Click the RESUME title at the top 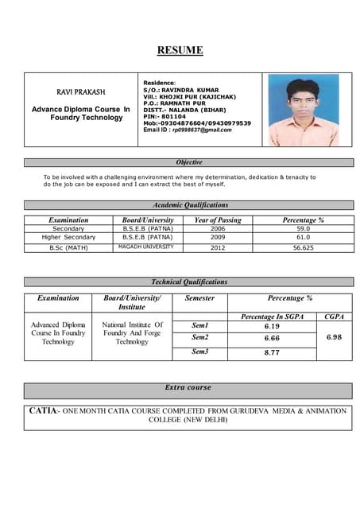tap(180, 51)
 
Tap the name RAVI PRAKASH tap(80, 92)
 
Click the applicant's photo tap(303, 111)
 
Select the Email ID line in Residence tap(188, 130)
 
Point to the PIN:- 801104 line tap(165, 116)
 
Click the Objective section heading tap(189, 162)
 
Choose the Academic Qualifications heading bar tap(189, 205)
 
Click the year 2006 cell tap(218, 228)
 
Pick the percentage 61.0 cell tap(303, 237)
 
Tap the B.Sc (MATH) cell tap(68, 247)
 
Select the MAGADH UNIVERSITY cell tap(145, 247)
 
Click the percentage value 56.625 tap(303, 247)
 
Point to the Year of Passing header tap(218, 220)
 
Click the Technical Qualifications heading tap(189, 282)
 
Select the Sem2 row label tap(200, 338)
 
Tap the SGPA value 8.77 tap(272, 352)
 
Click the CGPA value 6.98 tap(335, 337)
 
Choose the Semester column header tap(200, 298)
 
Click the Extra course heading tap(188, 387)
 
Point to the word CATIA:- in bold tap(43, 410)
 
